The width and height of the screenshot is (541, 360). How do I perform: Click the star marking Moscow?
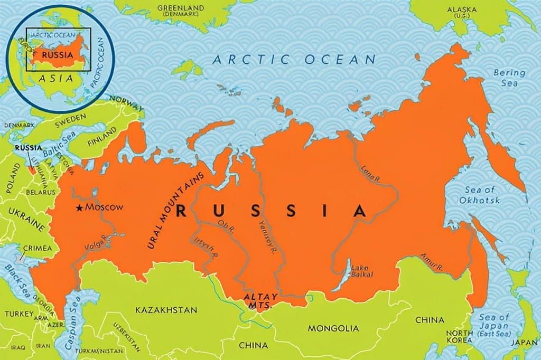[80, 208]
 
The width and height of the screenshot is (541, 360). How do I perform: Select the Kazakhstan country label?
[166, 310]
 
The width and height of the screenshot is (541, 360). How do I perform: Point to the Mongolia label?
[333, 328]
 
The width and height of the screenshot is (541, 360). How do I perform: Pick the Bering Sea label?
[509, 78]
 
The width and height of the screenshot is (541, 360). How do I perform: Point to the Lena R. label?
[370, 175]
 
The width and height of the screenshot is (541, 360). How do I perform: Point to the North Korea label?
[459, 337]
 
